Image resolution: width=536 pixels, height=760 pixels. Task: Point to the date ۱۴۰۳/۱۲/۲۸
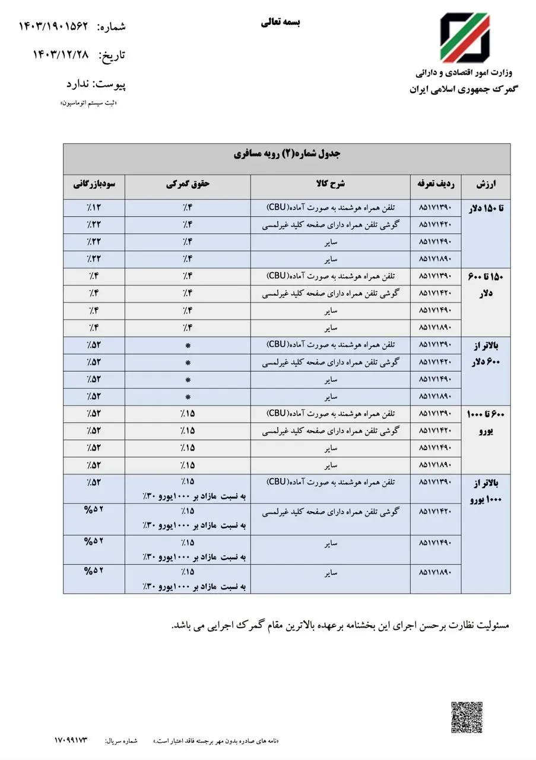(x=61, y=55)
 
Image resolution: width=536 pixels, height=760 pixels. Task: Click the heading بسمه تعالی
(x=281, y=23)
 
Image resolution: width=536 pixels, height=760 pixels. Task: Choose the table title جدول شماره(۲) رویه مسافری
(x=286, y=154)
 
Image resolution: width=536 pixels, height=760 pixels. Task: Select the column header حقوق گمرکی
(x=188, y=185)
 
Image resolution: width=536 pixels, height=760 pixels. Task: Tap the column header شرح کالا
(x=330, y=185)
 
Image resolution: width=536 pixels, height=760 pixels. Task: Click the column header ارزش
(x=486, y=185)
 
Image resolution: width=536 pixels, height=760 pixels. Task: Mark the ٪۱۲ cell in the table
(x=94, y=208)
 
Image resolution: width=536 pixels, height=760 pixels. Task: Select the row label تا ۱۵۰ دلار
(x=486, y=209)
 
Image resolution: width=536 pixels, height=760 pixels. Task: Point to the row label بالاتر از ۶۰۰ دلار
(x=486, y=354)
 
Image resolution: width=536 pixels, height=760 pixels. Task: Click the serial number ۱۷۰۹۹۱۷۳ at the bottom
(x=71, y=740)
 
